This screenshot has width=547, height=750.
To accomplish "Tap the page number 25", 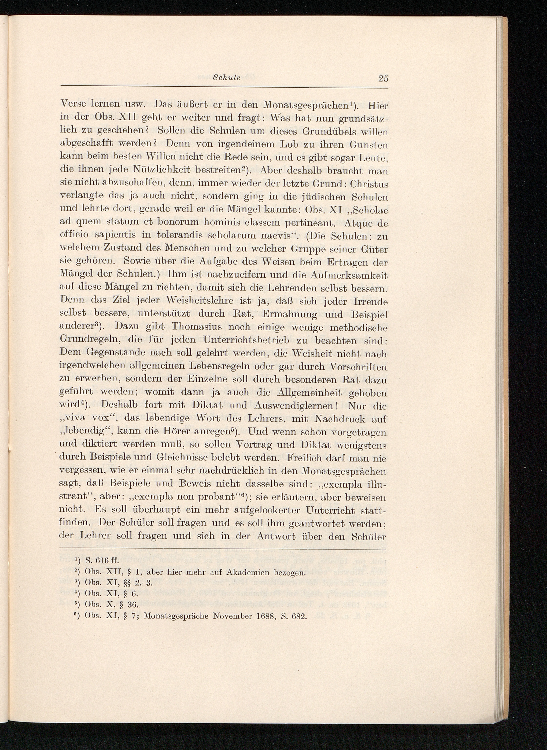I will (383, 79).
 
